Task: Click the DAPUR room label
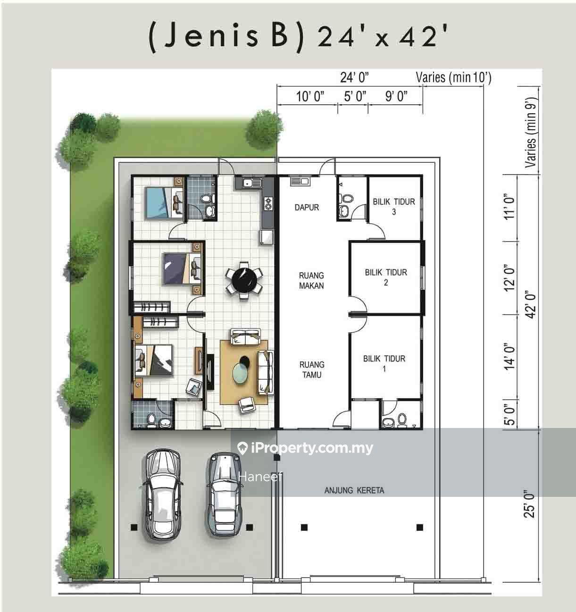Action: pyautogui.click(x=307, y=208)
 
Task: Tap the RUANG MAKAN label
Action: pyautogui.click(x=311, y=280)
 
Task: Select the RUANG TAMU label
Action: pyautogui.click(x=312, y=369)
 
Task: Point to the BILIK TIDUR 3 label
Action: pyautogui.click(x=394, y=207)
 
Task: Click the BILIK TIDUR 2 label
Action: pyautogui.click(x=386, y=277)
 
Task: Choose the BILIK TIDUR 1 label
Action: pyautogui.click(x=384, y=363)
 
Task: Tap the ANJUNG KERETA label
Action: pyautogui.click(x=354, y=490)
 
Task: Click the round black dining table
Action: pyautogui.click(x=244, y=280)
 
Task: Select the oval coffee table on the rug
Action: pyautogui.click(x=241, y=373)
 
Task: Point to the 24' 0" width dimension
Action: pyautogui.click(x=354, y=77)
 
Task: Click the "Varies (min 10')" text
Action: pyautogui.click(x=453, y=77)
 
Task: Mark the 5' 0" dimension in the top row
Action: pyautogui.click(x=355, y=96)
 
